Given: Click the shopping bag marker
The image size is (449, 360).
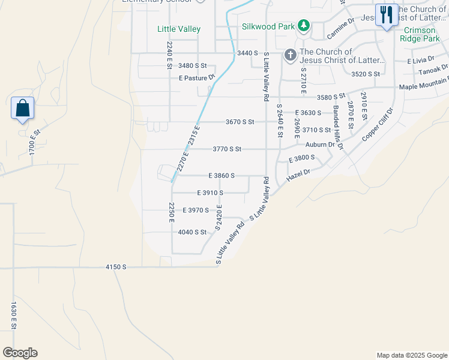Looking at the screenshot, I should pos(22,109).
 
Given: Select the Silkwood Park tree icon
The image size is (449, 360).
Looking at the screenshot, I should pos(304,25).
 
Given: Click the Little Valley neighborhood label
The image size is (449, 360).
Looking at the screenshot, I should pos(179,29).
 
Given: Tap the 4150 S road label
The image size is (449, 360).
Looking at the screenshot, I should pos(115,266).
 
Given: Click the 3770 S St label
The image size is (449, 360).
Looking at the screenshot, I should pos(227,149).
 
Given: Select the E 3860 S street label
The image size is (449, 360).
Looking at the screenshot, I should pos(221,176).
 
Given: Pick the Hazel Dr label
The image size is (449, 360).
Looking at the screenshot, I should pos(298,173).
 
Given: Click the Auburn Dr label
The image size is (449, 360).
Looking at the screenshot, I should pos(319,145).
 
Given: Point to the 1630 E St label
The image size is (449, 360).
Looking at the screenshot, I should pos(12,317).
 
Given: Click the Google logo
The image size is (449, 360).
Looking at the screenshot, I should pos(20,353).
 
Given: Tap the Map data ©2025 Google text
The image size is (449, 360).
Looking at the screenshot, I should pos(411,355).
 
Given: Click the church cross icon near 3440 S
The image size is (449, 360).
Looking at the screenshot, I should pos(290,56).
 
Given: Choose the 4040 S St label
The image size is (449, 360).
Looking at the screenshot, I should pos(192,232).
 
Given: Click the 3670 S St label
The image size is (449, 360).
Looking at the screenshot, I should pos(240,122).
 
